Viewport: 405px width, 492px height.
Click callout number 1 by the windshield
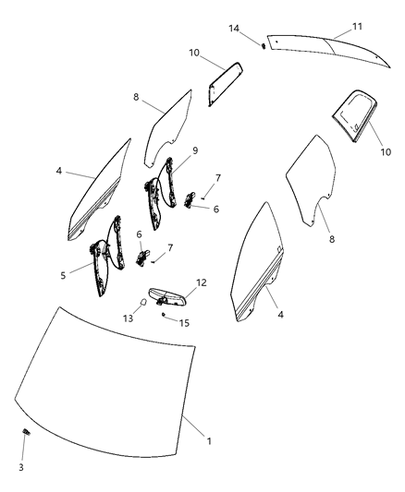pos(209,442)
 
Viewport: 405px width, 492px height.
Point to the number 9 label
pos(195,149)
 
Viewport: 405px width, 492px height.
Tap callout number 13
pos(129,318)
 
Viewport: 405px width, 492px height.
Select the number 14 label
pos(235,29)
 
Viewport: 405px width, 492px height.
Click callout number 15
pos(184,322)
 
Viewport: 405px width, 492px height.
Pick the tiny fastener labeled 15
pos(163,315)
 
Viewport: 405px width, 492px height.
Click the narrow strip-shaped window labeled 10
pos(224,84)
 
